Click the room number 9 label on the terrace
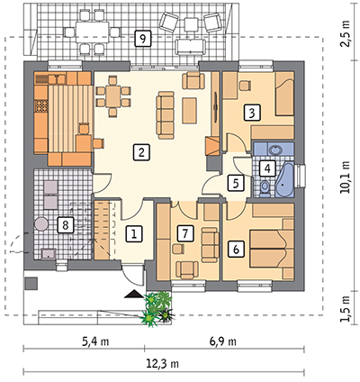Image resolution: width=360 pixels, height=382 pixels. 143,38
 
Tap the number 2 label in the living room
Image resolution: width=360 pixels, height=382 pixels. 141,152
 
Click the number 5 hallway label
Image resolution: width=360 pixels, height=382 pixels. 236,183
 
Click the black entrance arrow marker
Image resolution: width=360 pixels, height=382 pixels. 134,294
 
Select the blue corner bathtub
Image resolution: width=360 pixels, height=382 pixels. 285,179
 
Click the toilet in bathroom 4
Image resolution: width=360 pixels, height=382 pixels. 265,188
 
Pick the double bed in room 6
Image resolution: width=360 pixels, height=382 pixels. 267,249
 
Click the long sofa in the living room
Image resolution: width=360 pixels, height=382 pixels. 166,115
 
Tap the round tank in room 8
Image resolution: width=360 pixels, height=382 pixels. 41,224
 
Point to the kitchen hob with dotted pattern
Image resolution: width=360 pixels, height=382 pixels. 41,106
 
